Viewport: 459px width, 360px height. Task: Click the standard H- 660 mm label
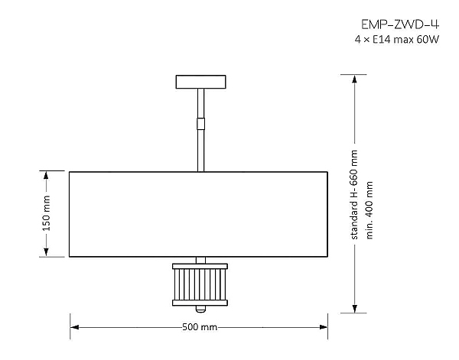point(354,195)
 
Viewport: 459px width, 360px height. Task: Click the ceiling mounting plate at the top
point(201,81)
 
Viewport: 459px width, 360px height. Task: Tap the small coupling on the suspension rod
point(201,123)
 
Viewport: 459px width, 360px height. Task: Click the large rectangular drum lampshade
point(199,214)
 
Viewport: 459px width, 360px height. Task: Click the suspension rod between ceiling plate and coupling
point(201,103)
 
